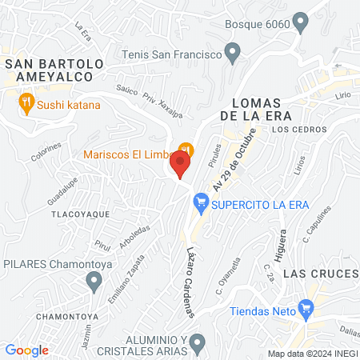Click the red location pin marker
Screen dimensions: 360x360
[x=181, y=166]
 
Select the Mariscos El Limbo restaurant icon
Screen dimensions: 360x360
[x=186, y=150]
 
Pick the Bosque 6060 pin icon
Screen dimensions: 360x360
[x=301, y=22]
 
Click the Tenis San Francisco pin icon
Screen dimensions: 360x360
[x=233, y=54]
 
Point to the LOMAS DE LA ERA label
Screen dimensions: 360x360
[x=266, y=108]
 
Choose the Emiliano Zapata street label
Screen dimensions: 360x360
[x=126, y=278]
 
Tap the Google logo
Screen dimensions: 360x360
[x=26, y=350]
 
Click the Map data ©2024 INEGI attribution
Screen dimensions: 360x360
[x=312, y=354]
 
